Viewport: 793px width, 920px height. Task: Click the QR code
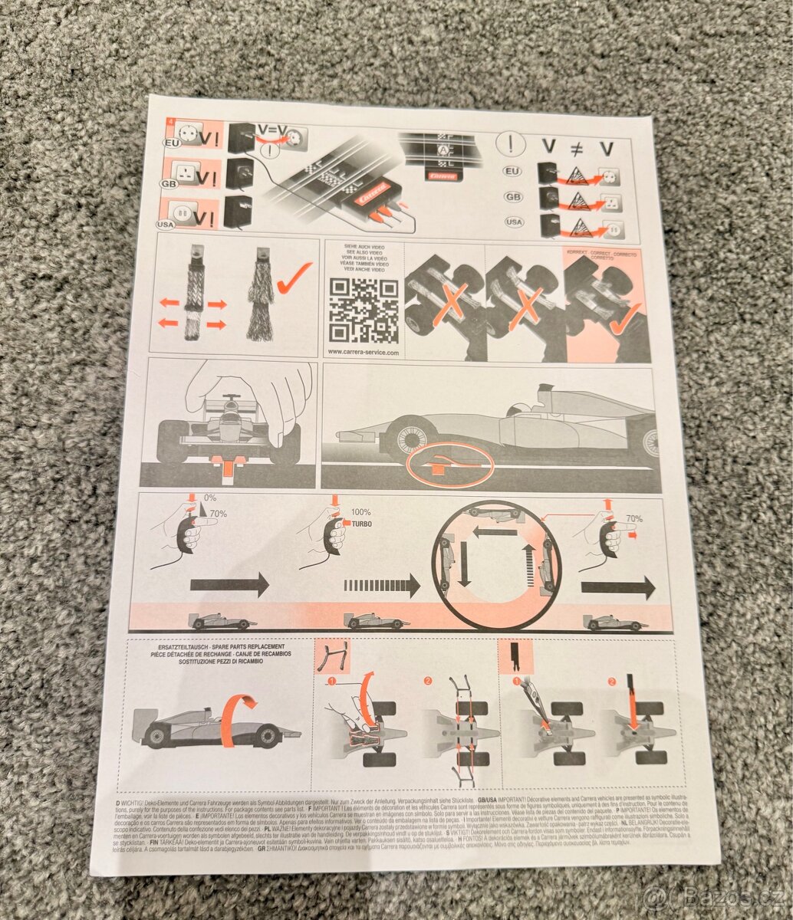pos(364,310)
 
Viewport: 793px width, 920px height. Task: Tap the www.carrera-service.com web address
pos(364,352)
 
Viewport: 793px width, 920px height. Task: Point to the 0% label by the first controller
pos(208,498)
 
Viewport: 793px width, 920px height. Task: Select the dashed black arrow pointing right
pos(382,586)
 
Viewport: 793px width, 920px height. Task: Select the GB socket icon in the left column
pos(186,172)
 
